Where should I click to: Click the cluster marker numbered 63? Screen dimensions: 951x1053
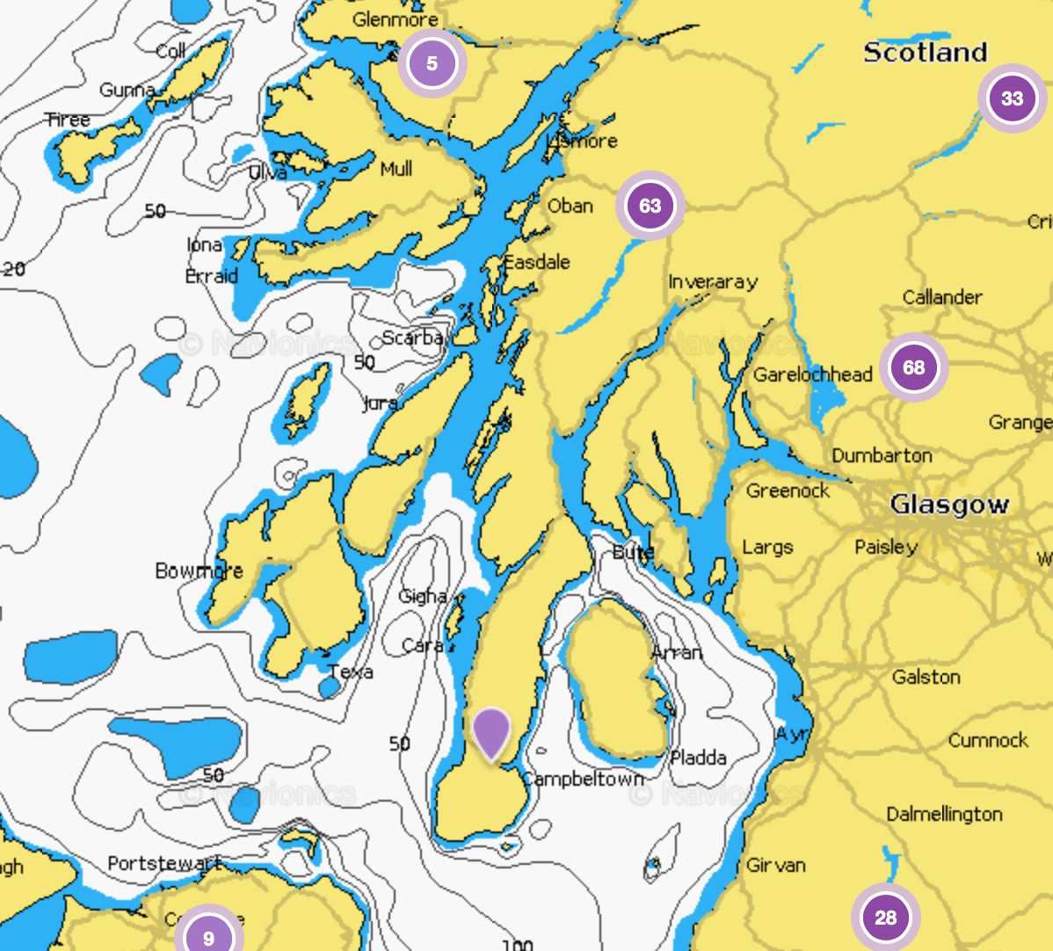point(650,206)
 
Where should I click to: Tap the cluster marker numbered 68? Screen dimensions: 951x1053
point(914,367)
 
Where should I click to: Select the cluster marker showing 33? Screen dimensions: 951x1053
point(1012,98)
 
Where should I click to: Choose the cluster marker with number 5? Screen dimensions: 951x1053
point(432,63)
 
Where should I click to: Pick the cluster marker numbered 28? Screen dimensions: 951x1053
point(885,918)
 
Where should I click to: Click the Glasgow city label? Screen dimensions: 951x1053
point(949,505)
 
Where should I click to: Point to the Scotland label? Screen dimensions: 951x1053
point(926,53)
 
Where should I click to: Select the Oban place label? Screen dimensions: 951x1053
point(570,206)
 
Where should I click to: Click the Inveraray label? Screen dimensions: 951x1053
point(713,282)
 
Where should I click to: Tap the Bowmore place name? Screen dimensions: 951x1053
point(199,570)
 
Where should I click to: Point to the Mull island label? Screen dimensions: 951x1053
point(396,169)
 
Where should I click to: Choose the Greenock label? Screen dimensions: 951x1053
point(788,490)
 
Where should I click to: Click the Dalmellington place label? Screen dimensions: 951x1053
point(944,814)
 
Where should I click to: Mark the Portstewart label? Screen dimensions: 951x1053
point(163,863)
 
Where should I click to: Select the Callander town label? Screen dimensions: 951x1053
point(942,297)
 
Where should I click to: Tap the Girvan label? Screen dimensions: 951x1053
point(776,865)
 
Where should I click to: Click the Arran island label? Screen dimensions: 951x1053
point(677,652)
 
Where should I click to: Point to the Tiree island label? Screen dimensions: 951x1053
point(69,120)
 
